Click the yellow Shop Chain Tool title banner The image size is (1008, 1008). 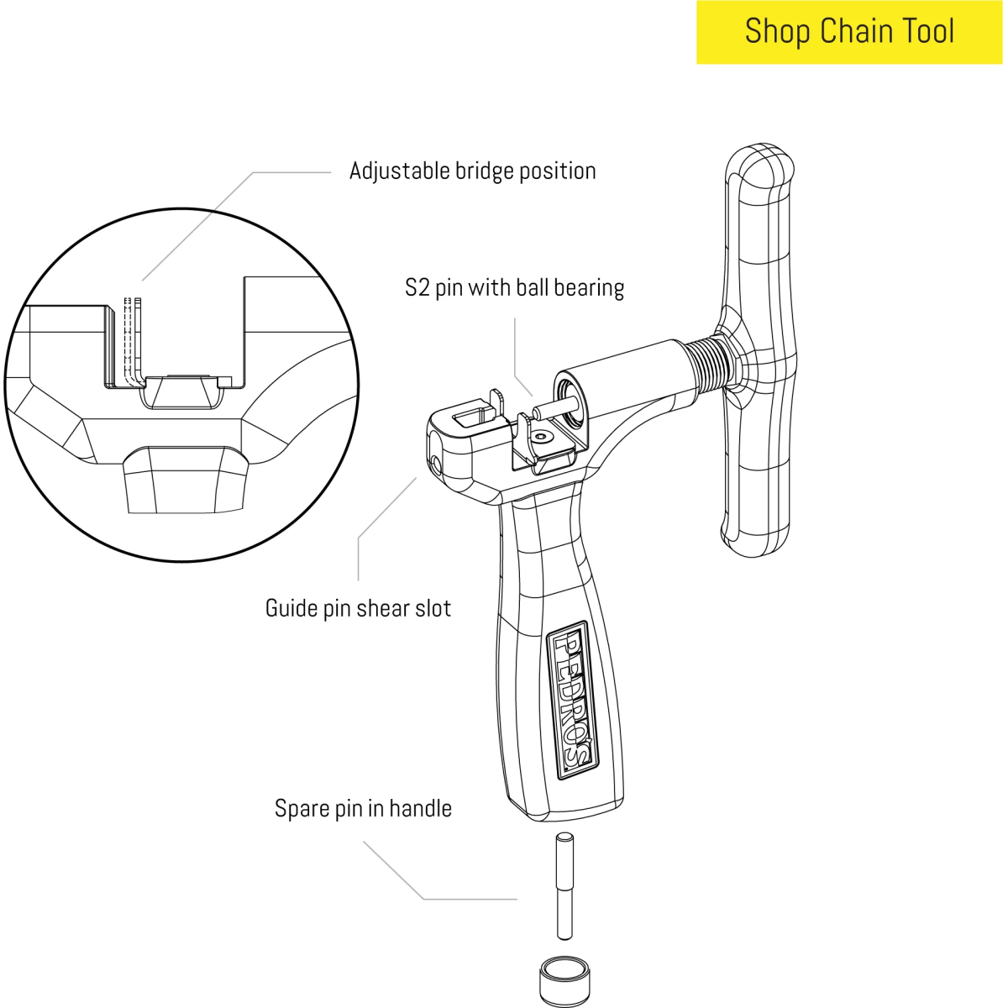[x=848, y=32]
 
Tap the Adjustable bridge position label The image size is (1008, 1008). [x=472, y=171]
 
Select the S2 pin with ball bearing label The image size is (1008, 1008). [x=514, y=288]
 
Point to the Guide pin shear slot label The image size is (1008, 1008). [x=358, y=608]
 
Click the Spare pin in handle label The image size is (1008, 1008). [x=363, y=809]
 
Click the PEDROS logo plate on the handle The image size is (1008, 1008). [x=572, y=700]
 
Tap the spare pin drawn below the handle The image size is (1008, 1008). [x=565, y=886]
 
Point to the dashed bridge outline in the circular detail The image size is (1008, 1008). [x=129, y=336]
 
